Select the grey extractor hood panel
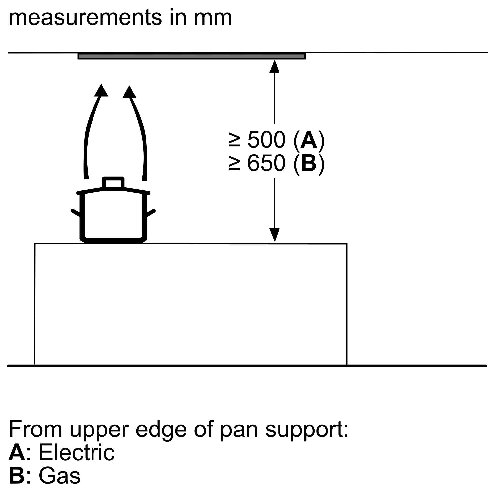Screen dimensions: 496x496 (191, 56)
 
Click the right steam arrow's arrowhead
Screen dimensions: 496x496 (129, 93)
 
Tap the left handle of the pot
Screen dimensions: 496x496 (75, 212)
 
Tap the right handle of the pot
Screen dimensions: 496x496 (151, 212)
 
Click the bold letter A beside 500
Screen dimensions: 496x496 (309, 140)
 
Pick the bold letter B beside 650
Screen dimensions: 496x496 (309, 163)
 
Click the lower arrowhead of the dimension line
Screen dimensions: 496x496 (275, 235)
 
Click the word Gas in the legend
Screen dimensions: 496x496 (60, 475)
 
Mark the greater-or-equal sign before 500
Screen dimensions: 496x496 (234, 140)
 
